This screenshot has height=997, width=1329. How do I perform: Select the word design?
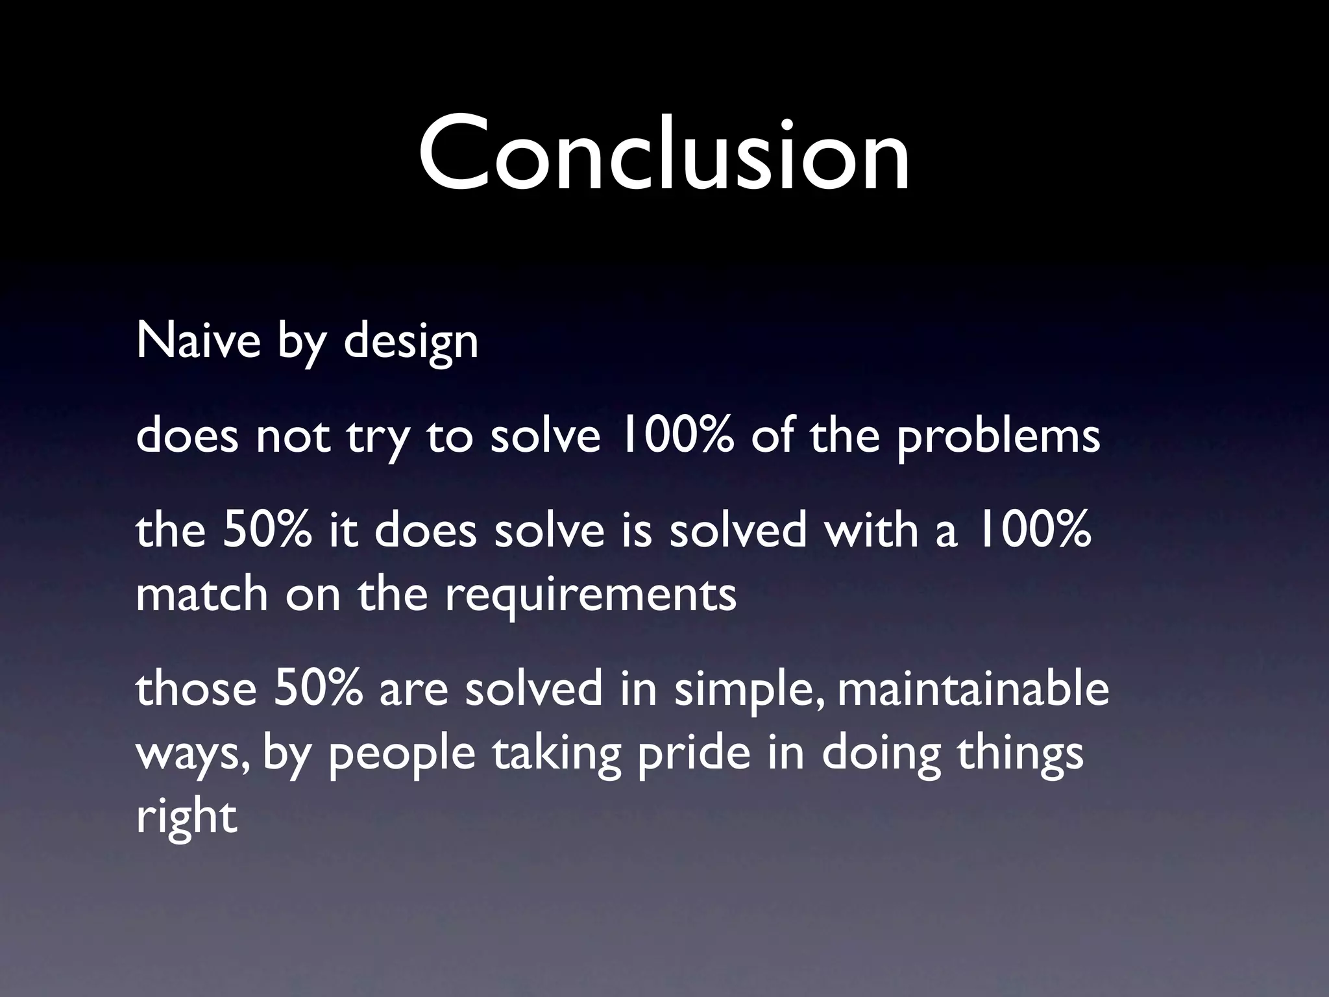pos(411,341)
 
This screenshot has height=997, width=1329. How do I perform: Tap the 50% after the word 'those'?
pos(317,688)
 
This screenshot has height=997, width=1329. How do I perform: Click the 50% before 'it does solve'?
pos(266,530)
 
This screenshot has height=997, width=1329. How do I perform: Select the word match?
pos(202,593)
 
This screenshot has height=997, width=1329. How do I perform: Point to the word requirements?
pos(591,595)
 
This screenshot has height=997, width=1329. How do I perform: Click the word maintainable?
pos(973,688)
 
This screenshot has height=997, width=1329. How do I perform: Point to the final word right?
pos(186,818)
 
